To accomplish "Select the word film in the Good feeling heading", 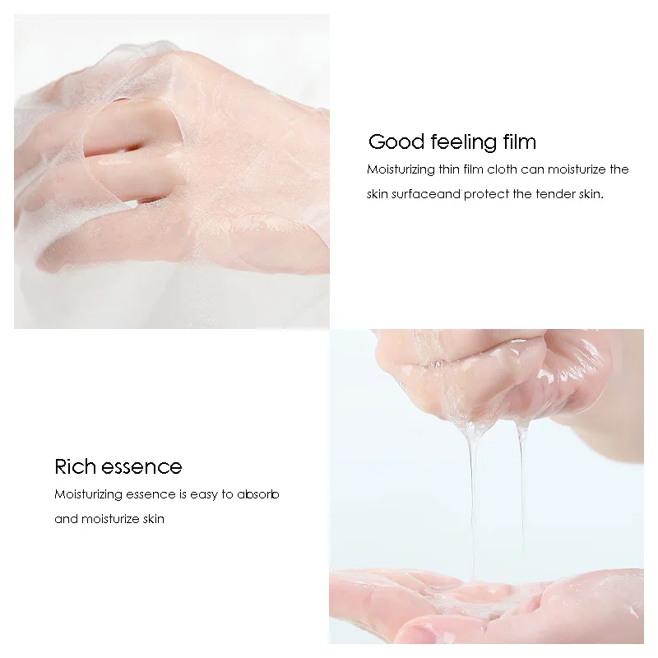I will pos(517,141).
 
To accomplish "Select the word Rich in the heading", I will pos(76,467).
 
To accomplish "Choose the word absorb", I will pos(259,494).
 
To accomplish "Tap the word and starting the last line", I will pos(67,519).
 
